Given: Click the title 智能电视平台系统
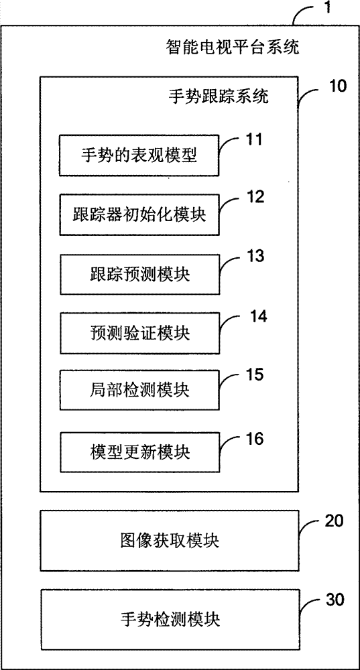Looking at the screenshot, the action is (232, 47).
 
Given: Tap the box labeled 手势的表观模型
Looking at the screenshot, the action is (139, 155).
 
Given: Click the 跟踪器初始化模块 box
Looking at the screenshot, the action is (139, 214).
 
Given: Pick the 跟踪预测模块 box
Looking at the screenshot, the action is (139, 274).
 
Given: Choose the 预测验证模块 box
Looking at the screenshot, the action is (139, 333).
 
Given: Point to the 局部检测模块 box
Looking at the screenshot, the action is (139, 390).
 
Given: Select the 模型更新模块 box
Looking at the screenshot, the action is (139, 452).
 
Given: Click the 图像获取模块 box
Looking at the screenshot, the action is (170, 541).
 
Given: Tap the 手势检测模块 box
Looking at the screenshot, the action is (170, 619).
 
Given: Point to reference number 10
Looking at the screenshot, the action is (338, 86).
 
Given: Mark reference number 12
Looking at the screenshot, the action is (255, 198).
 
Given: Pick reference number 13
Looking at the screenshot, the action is (255, 257).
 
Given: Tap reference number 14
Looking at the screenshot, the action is (258, 317).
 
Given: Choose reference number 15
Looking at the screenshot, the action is (255, 375).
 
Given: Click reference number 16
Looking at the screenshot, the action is (255, 439).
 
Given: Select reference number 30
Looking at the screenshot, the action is (335, 600).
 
